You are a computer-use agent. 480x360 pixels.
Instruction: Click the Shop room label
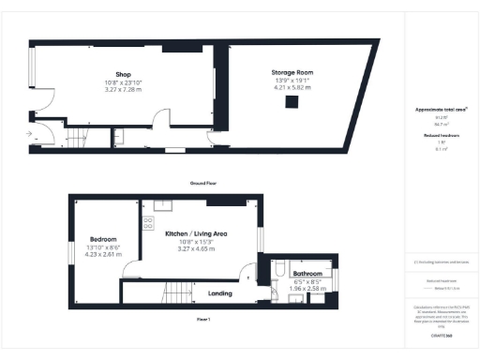tap(122, 74)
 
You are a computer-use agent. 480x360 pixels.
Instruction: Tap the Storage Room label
tap(292, 72)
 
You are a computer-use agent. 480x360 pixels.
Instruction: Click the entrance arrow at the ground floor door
tap(30, 135)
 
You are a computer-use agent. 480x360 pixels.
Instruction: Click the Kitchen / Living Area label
tap(198, 232)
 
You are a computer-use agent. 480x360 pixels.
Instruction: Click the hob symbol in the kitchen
tap(147, 223)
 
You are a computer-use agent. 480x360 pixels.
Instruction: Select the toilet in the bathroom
tap(277, 271)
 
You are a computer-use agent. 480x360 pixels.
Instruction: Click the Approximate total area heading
tap(442, 110)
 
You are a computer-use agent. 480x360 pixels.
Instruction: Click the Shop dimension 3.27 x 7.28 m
tap(122, 90)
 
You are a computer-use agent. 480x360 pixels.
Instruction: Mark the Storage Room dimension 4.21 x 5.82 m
tap(292, 88)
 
